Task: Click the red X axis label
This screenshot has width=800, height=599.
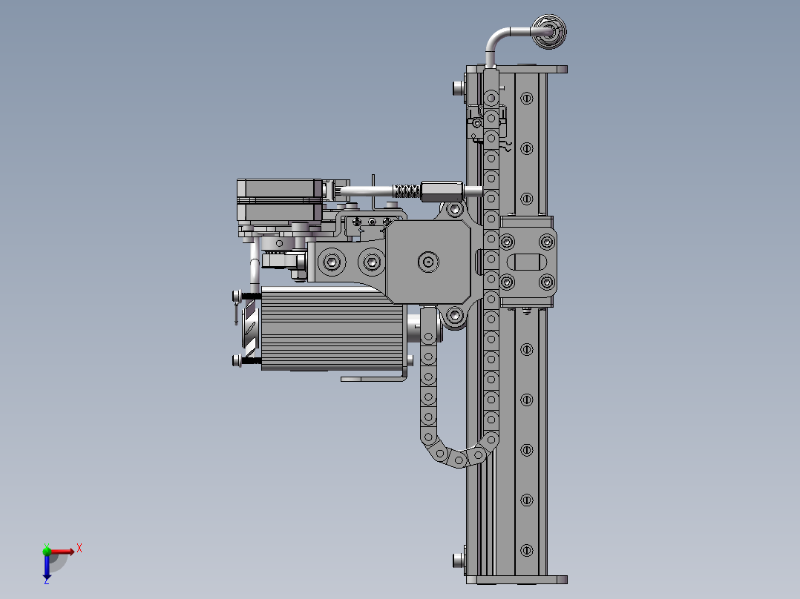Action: [x=79, y=549]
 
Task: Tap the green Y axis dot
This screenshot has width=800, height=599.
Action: [x=47, y=550]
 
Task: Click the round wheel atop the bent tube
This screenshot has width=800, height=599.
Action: [x=549, y=31]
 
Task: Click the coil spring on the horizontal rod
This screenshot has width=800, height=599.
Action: [x=406, y=191]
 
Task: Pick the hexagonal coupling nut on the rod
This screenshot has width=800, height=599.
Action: [x=442, y=191]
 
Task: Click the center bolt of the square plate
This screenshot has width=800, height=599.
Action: [x=428, y=262]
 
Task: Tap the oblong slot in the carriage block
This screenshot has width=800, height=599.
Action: [x=527, y=262]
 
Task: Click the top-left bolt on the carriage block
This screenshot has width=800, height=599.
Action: [x=507, y=242]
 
